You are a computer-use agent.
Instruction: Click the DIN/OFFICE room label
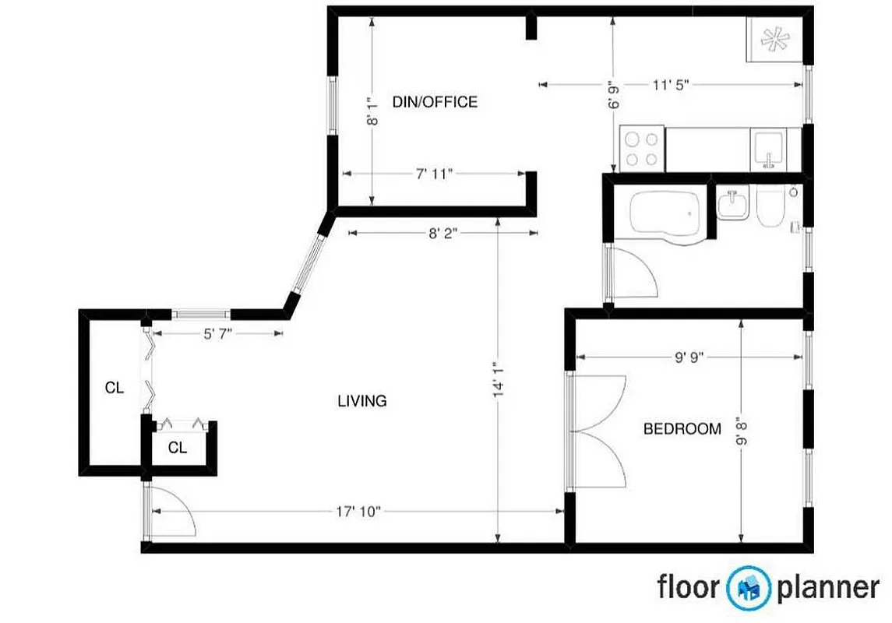[x=435, y=102]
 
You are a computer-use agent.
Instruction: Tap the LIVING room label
[x=362, y=402]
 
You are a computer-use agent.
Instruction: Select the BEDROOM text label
[x=682, y=429]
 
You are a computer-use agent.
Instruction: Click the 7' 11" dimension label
[x=435, y=174]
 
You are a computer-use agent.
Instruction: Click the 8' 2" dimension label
[x=442, y=232]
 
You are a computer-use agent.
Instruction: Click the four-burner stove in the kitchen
[x=641, y=149]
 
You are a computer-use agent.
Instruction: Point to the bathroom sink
[x=732, y=206]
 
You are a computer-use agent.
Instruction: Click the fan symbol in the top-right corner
[x=775, y=38]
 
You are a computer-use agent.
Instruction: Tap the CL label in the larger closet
[x=115, y=389]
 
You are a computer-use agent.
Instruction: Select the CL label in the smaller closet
[x=178, y=448]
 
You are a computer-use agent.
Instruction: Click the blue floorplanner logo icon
[x=749, y=586]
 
